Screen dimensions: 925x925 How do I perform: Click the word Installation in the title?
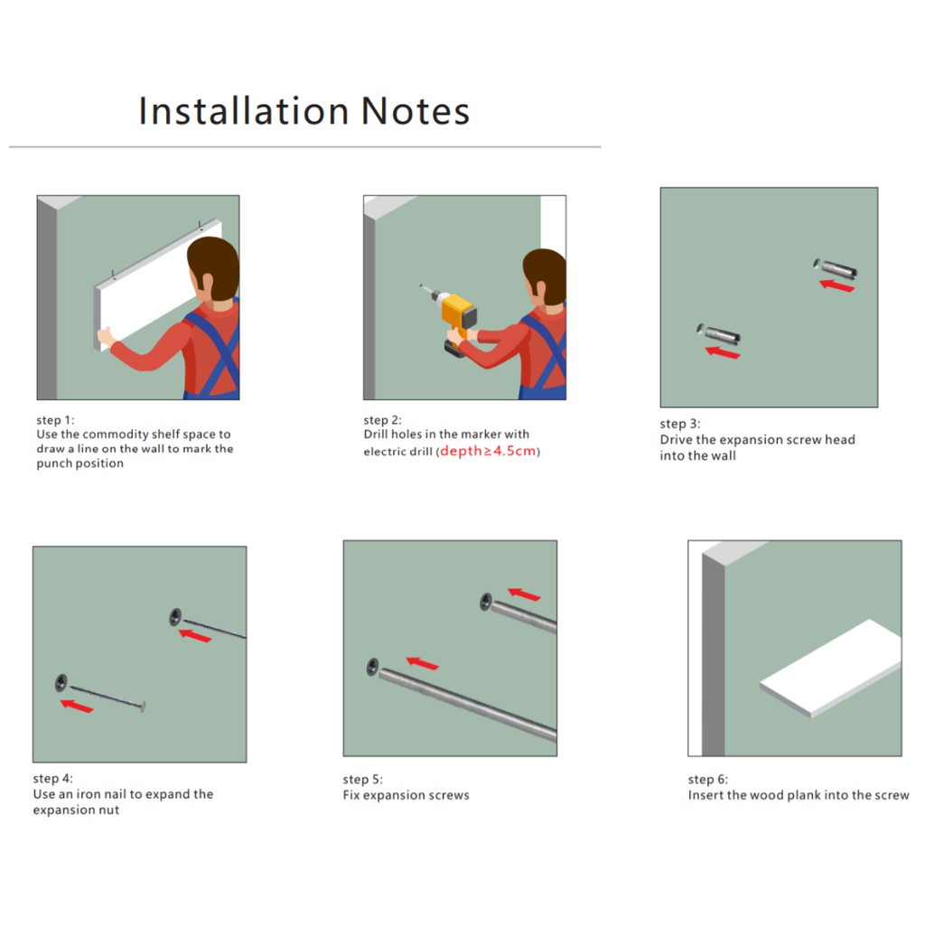(244, 110)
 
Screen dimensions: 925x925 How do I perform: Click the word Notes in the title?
(416, 111)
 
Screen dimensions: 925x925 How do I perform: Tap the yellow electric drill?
(452, 319)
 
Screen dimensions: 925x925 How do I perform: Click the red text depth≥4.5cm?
(488, 452)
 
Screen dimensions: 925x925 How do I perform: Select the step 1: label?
(55, 420)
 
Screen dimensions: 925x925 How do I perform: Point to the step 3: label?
(679, 424)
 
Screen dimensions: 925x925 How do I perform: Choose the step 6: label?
(708, 780)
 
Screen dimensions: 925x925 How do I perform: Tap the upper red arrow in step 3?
(836, 286)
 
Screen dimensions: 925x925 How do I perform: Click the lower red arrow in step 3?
(723, 353)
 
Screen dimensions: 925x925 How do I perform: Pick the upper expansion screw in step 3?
(836, 267)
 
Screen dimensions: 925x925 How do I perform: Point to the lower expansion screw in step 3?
(718, 333)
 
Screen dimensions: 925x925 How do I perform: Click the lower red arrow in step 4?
(77, 705)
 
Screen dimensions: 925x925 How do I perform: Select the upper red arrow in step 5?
(524, 594)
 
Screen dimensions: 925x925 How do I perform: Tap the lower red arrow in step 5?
(423, 663)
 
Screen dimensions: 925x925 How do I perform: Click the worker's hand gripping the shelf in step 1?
(106, 338)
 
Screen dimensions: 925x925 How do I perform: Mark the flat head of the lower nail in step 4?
(143, 706)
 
